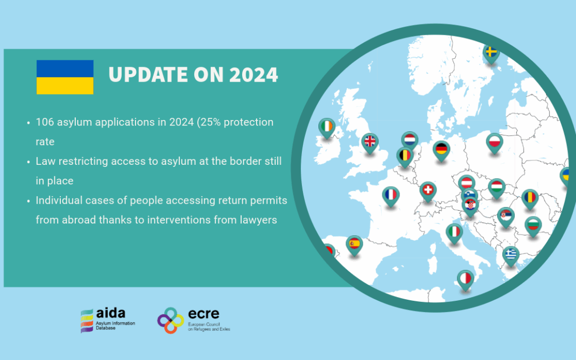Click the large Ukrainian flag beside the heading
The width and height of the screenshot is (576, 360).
coord(65,77)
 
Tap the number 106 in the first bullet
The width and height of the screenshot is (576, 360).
coord(44,122)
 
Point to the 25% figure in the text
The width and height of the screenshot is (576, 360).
coord(211,122)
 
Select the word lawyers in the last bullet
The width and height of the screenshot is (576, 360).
coord(259,220)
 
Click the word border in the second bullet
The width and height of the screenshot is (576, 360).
coord(237,161)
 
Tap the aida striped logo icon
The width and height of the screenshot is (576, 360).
coord(87,321)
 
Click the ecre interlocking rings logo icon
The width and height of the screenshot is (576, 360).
coord(171,321)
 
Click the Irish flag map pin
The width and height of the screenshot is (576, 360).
coord(326,127)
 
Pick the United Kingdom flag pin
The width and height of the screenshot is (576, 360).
coord(370,142)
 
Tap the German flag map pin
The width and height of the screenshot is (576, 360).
coord(441,150)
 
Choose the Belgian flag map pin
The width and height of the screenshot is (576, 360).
coord(405,157)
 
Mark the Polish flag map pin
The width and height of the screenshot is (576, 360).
coord(494,142)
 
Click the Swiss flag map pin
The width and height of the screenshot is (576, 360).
coord(428,191)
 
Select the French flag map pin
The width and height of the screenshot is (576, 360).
coord(391,196)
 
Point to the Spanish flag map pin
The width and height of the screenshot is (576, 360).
coord(354,245)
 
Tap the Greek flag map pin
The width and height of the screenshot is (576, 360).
coord(510,255)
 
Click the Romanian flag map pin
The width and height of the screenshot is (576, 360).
coord(530,199)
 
